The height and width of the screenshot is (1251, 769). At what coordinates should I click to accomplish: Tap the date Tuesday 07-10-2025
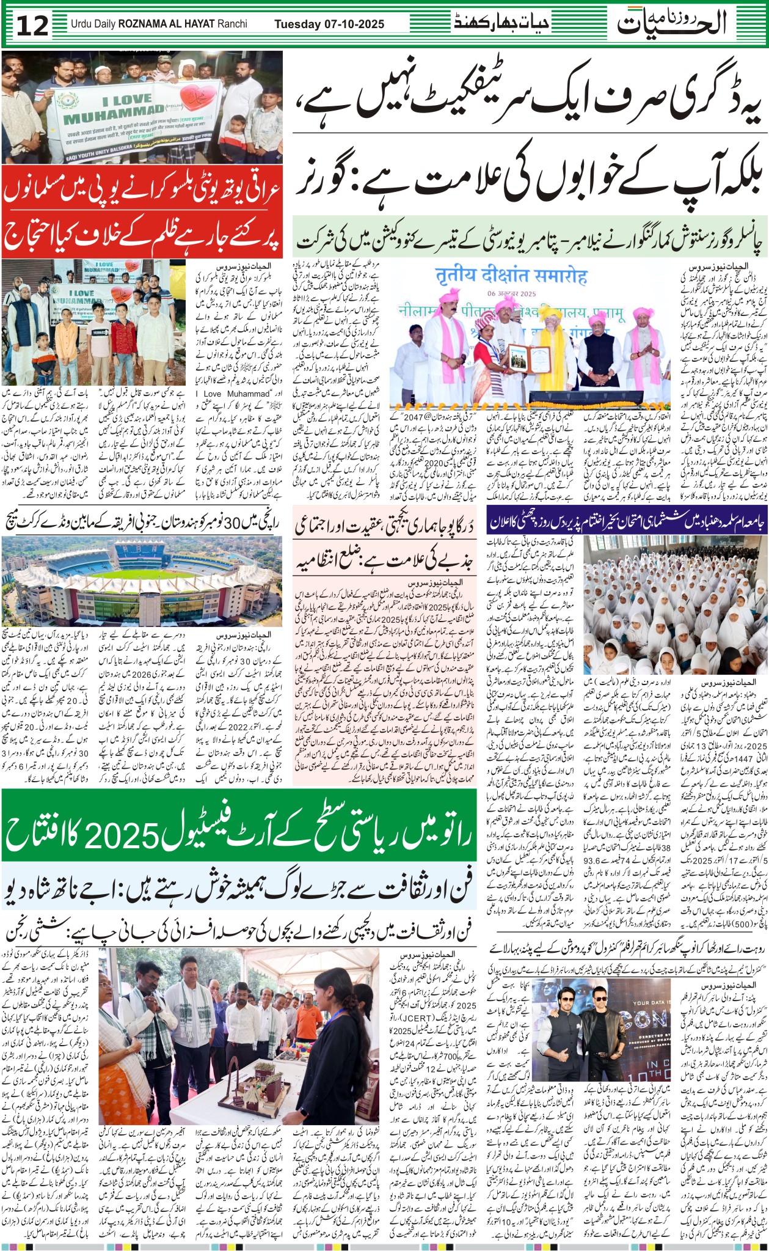click(x=329, y=24)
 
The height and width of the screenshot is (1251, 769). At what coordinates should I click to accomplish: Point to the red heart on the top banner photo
click(x=200, y=96)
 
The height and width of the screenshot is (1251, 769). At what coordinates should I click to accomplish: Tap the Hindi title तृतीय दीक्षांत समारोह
click(x=511, y=276)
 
